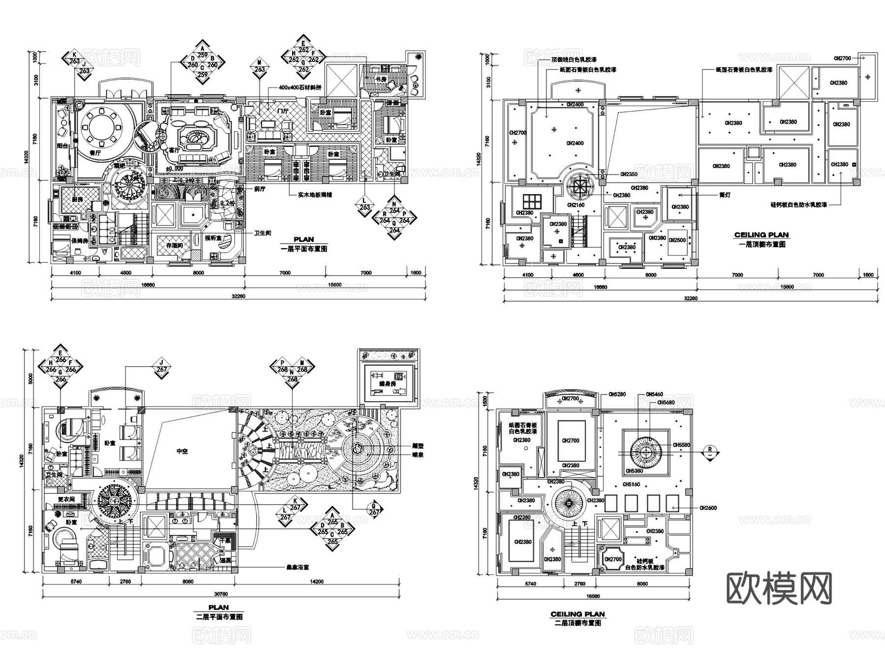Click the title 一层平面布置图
click(x=304, y=249)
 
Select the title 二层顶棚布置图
click(x=577, y=623)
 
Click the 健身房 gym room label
click(x=387, y=383)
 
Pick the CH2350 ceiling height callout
click(x=628, y=174)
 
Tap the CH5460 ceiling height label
click(x=654, y=394)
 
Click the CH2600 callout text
click(x=708, y=508)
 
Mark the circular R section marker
click(x=710, y=450)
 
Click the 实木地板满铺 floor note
click(x=315, y=195)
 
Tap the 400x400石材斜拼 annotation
click(x=299, y=87)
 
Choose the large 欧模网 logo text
click(x=779, y=588)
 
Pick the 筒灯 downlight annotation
click(x=724, y=195)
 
